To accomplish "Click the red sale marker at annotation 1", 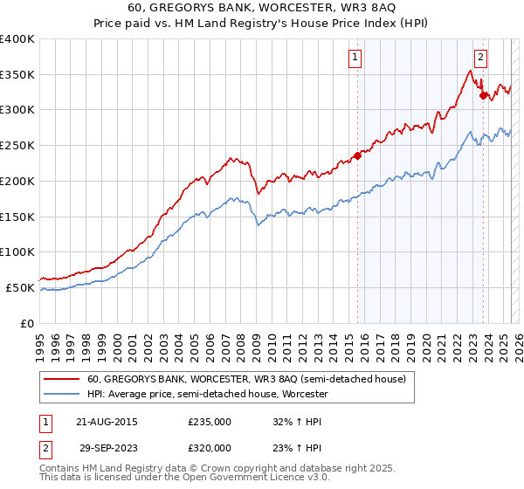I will click(x=357, y=156).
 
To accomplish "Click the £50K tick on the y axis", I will click(x=20, y=287).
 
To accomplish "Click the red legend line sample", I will click(x=62, y=380).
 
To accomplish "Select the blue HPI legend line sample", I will click(x=62, y=395).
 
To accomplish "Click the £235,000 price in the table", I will click(x=210, y=421).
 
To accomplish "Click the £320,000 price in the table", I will click(x=210, y=447).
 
